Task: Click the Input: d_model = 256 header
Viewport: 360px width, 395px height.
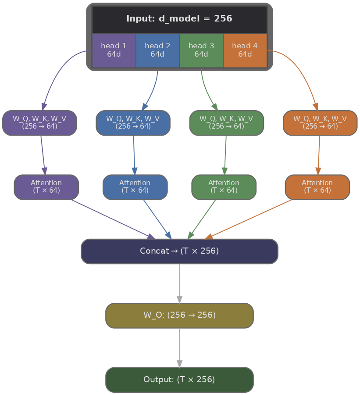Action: coord(179,19)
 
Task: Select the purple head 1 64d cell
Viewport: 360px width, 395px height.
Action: coord(114,50)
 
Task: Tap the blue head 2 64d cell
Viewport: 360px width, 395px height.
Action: coord(157,50)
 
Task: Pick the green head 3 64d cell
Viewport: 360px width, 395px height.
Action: coord(201,50)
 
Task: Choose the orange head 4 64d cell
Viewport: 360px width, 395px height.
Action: coord(245,50)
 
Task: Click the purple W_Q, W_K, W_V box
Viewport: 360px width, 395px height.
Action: coord(39,122)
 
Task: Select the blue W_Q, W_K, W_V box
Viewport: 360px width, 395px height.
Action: coord(133,122)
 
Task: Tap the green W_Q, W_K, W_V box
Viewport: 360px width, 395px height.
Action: coord(226,122)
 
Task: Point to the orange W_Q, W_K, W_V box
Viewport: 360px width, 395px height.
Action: coord(320,122)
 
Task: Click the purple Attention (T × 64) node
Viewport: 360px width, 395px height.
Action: coord(46,187)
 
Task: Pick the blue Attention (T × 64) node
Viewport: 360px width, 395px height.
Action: coord(135,187)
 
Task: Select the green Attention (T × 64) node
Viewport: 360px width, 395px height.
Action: coord(224,187)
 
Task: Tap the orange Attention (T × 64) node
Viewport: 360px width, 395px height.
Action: coord(317,187)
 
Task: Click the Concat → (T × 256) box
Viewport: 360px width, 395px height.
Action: coord(179,251)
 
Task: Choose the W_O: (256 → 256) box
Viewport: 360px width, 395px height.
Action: coord(179,315)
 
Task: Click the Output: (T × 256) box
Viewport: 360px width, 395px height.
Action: coord(179,380)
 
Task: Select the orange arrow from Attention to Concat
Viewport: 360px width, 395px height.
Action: coord(250,219)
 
